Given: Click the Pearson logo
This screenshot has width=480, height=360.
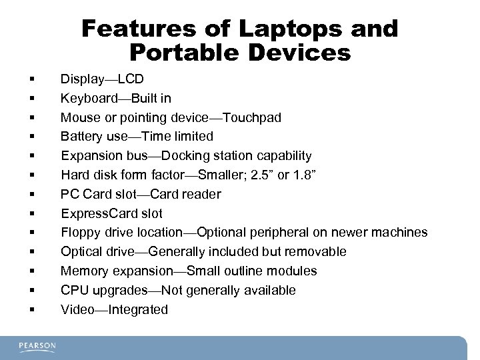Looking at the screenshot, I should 37,347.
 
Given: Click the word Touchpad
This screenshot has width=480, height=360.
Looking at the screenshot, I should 252,118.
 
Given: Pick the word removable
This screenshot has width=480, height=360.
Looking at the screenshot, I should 313,252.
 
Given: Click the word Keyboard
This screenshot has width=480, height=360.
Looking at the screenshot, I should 87,99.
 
